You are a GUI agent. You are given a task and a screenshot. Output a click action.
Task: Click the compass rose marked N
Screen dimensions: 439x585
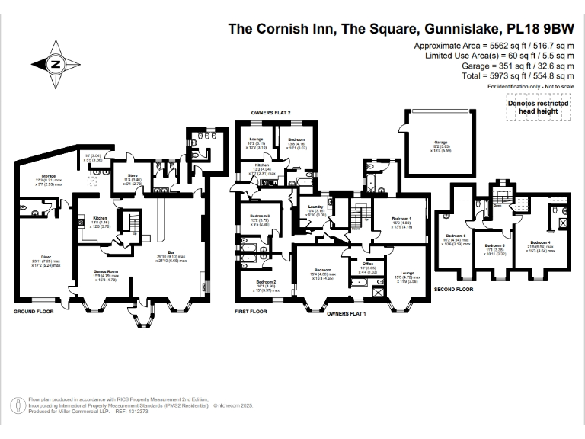55,65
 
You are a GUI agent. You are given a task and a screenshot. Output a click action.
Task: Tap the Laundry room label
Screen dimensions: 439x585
316,207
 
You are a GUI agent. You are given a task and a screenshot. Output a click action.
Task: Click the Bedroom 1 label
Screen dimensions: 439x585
402,219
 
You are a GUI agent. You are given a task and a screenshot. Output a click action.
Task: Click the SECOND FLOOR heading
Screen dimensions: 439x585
455,290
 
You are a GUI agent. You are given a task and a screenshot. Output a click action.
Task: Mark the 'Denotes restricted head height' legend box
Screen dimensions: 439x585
539,107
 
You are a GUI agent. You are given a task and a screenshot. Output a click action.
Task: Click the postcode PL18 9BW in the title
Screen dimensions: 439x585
537,30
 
